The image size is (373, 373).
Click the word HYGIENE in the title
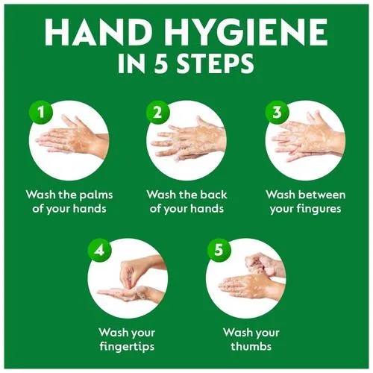(246, 32)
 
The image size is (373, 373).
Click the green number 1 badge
(41, 112)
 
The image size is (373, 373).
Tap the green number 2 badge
(158, 112)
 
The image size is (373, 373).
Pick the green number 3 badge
(277, 112)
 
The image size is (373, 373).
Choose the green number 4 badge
(99, 250)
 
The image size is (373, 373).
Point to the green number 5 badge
(219, 250)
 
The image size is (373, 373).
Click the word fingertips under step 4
(127, 347)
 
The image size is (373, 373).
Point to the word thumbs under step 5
(251, 345)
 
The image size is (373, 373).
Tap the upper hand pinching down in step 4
(140, 271)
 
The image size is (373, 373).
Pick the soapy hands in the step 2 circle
(189, 140)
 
